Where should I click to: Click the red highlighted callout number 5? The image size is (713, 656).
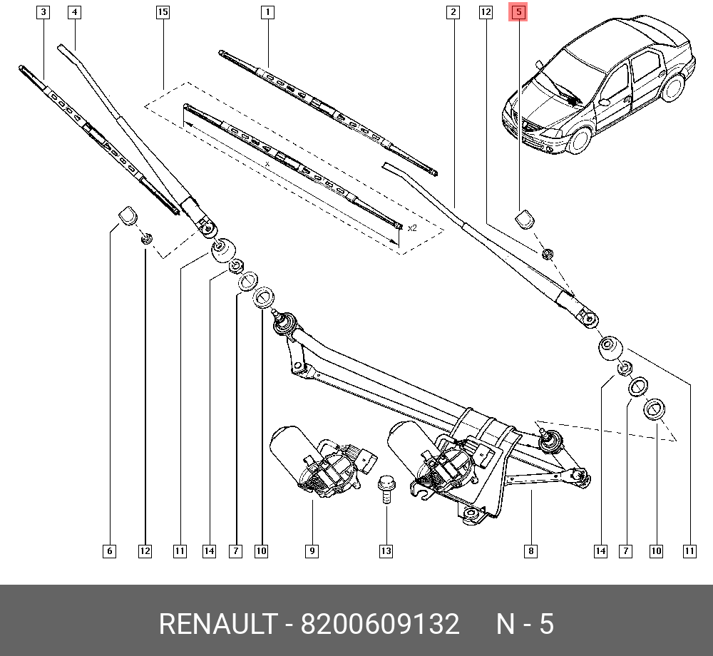click(x=518, y=12)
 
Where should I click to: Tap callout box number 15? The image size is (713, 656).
click(x=162, y=12)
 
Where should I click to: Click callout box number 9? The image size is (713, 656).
click(x=312, y=550)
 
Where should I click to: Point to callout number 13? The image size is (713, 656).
click(x=386, y=550)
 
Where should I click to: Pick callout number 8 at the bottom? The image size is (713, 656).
click(x=530, y=550)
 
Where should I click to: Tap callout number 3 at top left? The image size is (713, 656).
click(x=43, y=12)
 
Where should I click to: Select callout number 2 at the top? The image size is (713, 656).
click(x=452, y=12)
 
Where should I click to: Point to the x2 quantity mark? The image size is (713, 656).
click(x=411, y=228)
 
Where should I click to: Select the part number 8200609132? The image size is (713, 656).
click(x=380, y=625)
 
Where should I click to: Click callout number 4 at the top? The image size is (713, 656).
click(x=74, y=12)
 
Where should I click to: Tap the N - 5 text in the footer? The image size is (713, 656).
click(x=525, y=625)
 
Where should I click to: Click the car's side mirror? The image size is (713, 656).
click(x=604, y=101)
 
